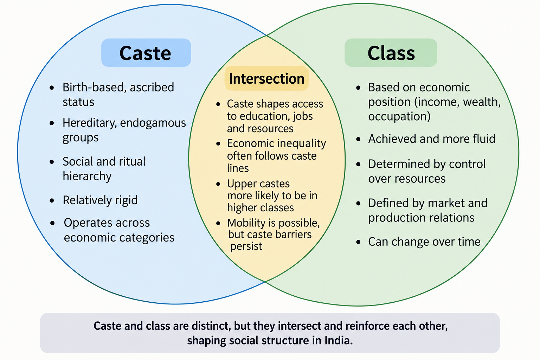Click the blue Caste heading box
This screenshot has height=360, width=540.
coord(146,53)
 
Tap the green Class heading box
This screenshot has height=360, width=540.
coord(391,53)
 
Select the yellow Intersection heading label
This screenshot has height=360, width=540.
coord(266,78)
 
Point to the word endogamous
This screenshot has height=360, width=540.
coord(153,123)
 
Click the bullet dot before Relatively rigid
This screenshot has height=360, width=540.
coord(52,200)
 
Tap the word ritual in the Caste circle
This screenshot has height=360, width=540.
coord(131,161)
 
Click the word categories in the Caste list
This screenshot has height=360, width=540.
coord(147,238)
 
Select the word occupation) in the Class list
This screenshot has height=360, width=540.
coord(399,117)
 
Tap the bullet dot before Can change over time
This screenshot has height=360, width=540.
coord(358,242)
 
